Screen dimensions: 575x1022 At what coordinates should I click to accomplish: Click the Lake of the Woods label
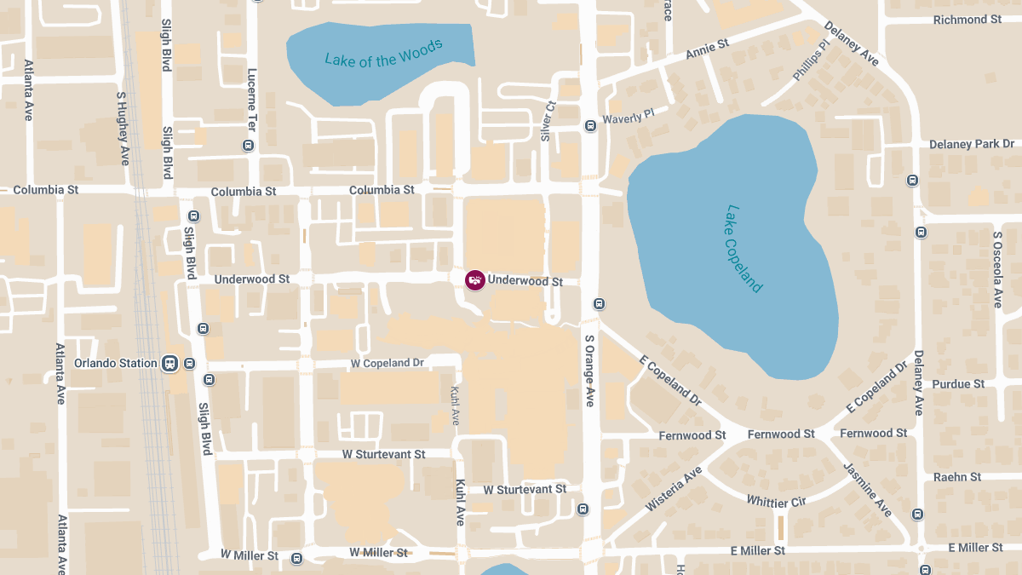(x=384, y=53)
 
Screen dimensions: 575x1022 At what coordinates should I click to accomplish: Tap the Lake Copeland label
(x=744, y=248)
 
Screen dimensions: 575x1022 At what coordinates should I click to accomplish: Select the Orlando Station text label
(x=115, y=363)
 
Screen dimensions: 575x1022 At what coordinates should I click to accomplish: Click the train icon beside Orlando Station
(x=170, y=364)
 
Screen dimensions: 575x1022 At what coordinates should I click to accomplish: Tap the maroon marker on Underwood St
(x=474, y=279)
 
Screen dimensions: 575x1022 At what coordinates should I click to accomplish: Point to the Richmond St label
(x=967, y=20)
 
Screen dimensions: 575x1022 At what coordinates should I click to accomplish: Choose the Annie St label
(x=708, y=49)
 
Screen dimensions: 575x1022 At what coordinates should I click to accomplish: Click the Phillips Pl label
(x=810, y=60)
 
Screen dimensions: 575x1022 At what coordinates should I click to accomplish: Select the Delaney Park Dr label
(x=972, y=144)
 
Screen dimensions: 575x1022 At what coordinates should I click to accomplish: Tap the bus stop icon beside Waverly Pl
(x=590, y=126)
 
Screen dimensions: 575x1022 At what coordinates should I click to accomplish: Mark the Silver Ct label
(x=548, y=121)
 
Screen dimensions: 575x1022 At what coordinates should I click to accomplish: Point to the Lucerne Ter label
(x=252, y=95)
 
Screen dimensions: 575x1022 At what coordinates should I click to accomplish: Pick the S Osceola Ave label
(x=997, y=268)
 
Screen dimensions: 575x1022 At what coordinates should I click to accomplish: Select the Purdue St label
(x=958, y=384)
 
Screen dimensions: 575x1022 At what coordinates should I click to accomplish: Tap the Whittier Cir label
(x=776, y=500)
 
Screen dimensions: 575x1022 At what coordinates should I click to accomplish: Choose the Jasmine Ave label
(x=867, y=489)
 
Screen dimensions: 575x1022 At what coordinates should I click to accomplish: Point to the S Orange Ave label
(x=589, y=370)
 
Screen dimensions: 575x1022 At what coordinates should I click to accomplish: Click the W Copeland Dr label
(x=387, y=363)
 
